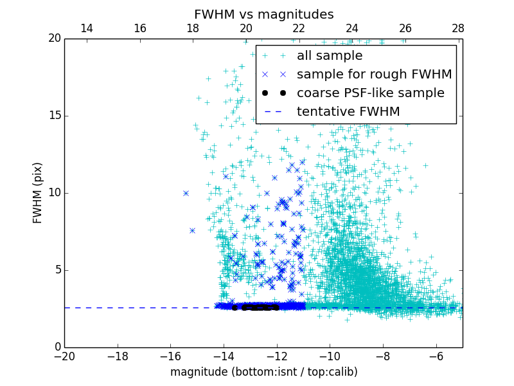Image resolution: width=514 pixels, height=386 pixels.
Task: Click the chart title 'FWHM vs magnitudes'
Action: pyautogui.click(x=263, y=14)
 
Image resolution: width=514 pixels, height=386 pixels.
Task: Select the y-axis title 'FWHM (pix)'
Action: pyautogui.click(x=38, y=193)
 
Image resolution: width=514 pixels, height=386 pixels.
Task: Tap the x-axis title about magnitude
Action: pyautogui.click(x=263, y=372)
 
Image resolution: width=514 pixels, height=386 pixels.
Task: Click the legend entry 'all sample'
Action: pyautogui.click(x=330, y=56)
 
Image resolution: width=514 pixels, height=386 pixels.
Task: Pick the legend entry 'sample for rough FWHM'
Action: pyautogui.click(x=374, y=75)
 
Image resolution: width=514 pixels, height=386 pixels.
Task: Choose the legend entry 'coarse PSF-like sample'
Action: pyautogui.click(x=370, y=93)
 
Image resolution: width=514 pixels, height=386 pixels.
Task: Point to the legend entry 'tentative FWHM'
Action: pyautogui.click(x=348, y=112)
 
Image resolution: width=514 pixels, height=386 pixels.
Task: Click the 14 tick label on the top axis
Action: pyautogui.click(x=86, y=28)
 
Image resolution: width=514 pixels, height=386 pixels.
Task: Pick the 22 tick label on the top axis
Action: pyautogui.click(x=299, y=28)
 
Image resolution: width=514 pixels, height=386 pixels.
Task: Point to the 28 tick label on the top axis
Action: pyautogui.click(x=458, y=28)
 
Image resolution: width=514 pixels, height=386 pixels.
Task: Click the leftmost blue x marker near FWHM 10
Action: pyautogui.click(x=186, y=193)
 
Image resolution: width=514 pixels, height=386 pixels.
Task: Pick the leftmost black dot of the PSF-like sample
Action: pyautogui.click(x=235, y=308)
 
